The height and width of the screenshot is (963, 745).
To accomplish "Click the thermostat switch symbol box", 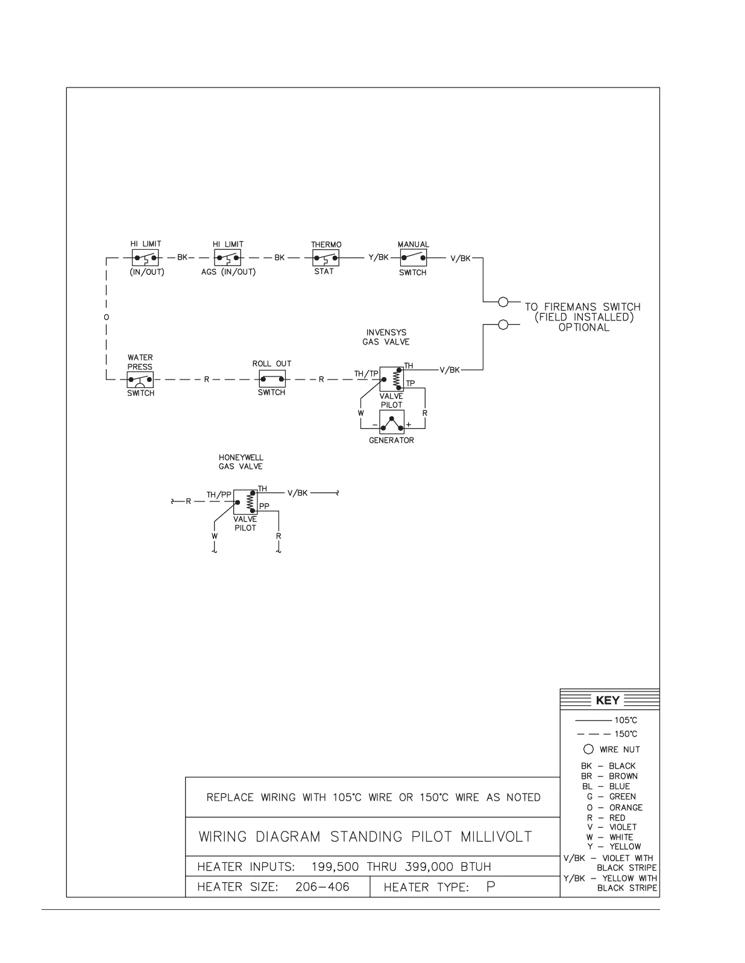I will pos(325,258).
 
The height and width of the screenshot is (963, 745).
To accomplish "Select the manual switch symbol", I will pos(413,258).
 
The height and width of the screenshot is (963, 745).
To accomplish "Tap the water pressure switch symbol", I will pos(140,380).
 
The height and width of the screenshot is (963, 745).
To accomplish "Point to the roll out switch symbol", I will pos(272,380).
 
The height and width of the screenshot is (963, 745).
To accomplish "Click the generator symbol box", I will pos(392,422).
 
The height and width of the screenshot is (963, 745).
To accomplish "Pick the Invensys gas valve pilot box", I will pos(392,378).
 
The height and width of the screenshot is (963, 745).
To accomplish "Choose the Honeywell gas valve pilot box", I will pos(245,502).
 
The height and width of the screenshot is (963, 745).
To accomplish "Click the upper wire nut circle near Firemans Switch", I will pos(503,302).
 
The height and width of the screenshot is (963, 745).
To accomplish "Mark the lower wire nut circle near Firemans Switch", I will pos(503,325).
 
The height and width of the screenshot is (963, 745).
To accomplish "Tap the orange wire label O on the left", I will pos(107,317).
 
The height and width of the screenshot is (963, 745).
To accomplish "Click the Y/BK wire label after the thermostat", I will pos(379,258).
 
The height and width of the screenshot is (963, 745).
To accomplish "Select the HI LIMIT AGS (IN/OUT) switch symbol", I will pos(228,258).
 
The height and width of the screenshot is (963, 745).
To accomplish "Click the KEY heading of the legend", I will pos(608,701).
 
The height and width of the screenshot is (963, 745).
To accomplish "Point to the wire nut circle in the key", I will pos(588,749).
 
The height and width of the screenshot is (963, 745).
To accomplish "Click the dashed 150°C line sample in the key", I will pos(594,734).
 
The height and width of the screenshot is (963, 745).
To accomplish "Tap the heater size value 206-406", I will pos(322,887).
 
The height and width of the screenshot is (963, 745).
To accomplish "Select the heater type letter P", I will pos(491,887).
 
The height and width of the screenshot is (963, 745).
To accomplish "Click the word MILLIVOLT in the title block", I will pos(496,837).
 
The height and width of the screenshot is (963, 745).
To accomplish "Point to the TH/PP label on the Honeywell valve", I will pos(219,495).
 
